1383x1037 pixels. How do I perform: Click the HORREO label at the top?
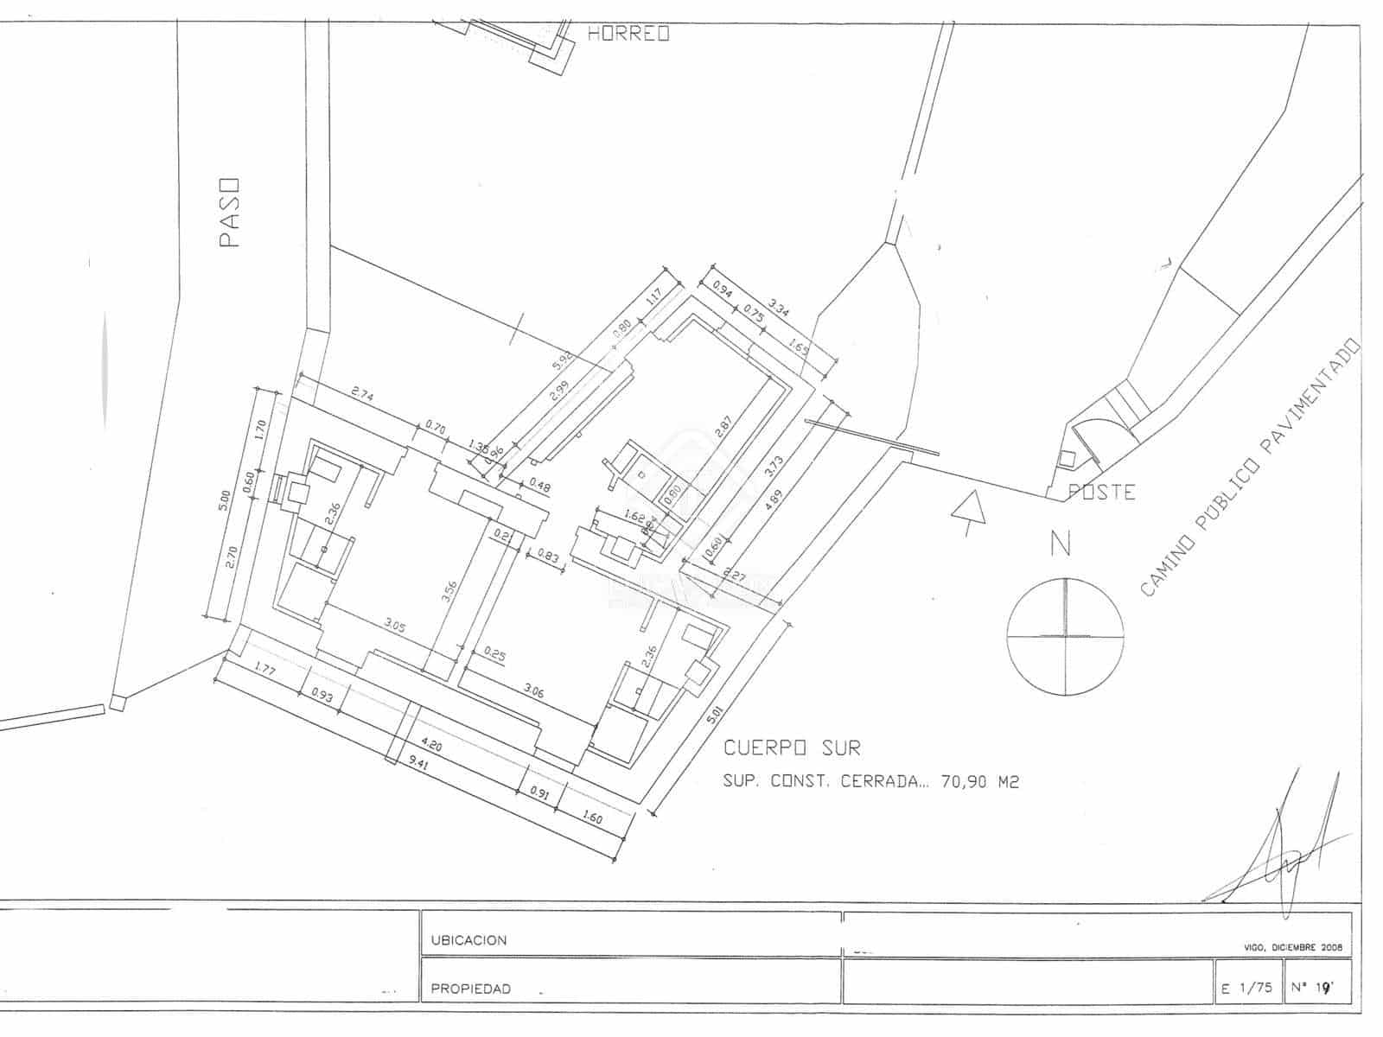628,34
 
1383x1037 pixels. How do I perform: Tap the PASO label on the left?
229,213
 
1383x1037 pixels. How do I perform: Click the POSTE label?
1102,492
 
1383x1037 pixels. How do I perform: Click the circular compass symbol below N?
1066,635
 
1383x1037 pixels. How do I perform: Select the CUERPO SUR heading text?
792,748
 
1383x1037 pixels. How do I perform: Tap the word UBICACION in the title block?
468,940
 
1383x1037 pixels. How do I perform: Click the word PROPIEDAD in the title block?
470,989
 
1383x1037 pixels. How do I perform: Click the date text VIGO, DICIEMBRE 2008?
1292,947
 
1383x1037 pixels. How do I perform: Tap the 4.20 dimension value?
431,742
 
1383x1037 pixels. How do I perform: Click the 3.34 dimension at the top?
778,309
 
